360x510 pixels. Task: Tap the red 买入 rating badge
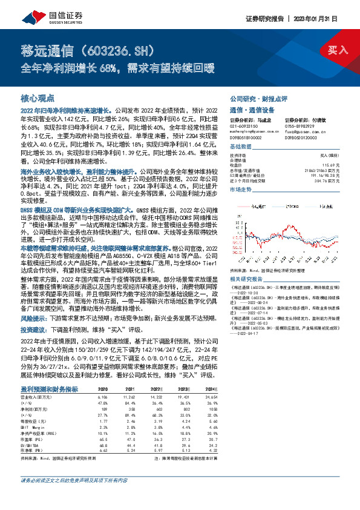(336, 50)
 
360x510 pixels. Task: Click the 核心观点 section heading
(38, 98)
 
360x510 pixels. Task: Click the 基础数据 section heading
(241, 147)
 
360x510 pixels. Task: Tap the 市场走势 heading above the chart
(241, 190)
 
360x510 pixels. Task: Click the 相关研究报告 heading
(246, 279)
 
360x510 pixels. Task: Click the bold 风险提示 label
(34, 334)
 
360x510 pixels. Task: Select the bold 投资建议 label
(34, 346)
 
